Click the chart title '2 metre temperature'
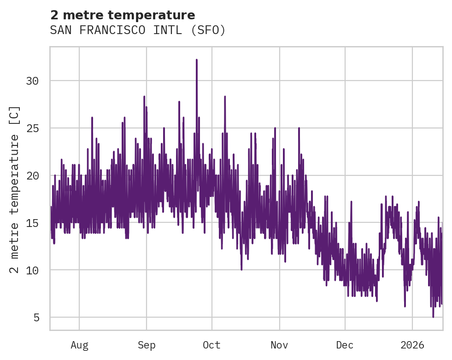[x=123, y=15]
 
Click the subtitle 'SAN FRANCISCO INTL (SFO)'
[x=138, y=30]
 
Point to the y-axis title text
[x=15, y=189]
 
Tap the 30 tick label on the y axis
[x=32, y=81]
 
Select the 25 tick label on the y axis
[x=32, y=128]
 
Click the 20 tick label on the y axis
[x=32, y=176]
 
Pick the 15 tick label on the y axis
[x=32, y=223]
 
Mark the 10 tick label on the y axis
[x=32, y=270]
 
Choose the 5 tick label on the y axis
[x=35, y=318]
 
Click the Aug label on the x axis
[x=79, y=345]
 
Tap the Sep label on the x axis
[x=147, y=345]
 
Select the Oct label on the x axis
[x=212, y=345]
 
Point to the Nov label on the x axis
[x=279, y=345]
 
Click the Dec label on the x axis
[x=345, y=345]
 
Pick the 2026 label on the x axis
[x=412, y=345]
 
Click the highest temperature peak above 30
[x=196, y=60]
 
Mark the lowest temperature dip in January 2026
[x=433, y=316]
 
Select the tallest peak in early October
[x=225, y=97]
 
